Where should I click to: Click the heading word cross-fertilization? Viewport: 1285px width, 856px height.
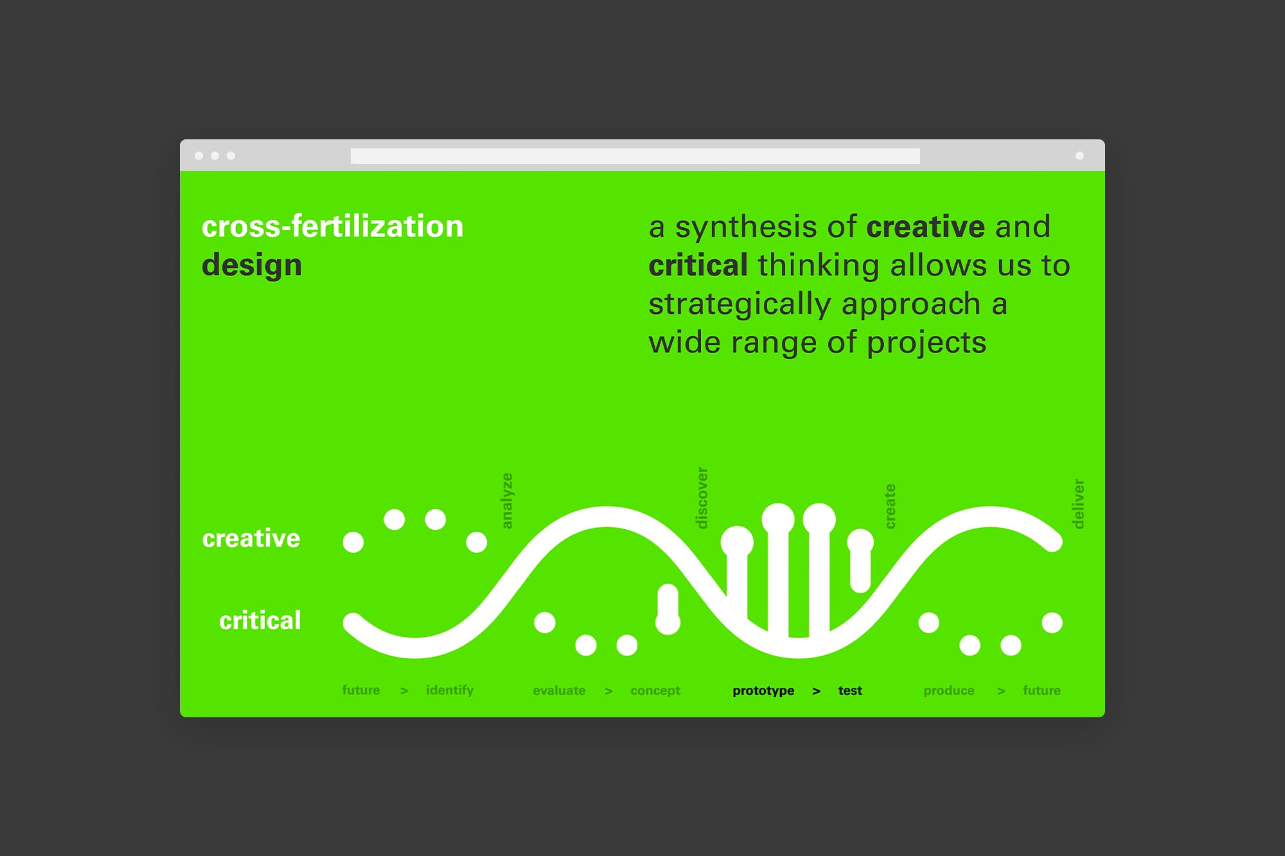[332, 227]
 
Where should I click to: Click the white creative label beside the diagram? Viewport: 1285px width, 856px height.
[251, 538]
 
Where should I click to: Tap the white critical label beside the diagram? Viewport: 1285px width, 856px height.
[260, 620]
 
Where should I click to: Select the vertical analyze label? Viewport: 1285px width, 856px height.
[507, 501]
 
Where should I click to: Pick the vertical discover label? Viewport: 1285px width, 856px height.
[702, 498]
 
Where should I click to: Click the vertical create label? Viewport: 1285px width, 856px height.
[890, 507]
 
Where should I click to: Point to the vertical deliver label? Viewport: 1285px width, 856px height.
[1079, 504]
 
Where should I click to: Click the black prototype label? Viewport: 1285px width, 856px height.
[763, 691]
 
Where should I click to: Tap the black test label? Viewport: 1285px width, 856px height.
[850, 690]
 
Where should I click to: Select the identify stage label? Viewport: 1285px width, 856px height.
[450, 690]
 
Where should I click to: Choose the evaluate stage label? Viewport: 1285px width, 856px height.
[559, 690]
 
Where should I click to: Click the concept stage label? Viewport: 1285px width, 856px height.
[655, 691]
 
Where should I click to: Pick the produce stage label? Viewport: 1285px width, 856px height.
[949, 691]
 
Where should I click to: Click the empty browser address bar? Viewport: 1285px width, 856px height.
[635, 156]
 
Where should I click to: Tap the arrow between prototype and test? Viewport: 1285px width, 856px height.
[817, 691]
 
